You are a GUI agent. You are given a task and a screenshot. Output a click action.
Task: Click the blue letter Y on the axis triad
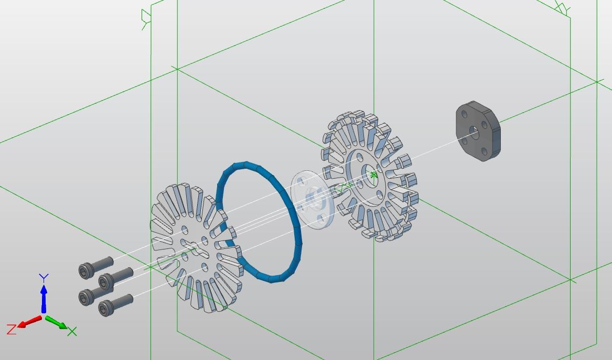point(44,278)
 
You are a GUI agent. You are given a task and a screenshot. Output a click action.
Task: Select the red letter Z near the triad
point(12,329)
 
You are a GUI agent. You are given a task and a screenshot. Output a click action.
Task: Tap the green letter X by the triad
point(72,332)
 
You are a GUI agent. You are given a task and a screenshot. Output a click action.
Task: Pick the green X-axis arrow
point(57,323)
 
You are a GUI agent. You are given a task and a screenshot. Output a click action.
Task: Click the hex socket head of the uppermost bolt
point(86,271)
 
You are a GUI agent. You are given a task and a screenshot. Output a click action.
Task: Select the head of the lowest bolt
point(106,308)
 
